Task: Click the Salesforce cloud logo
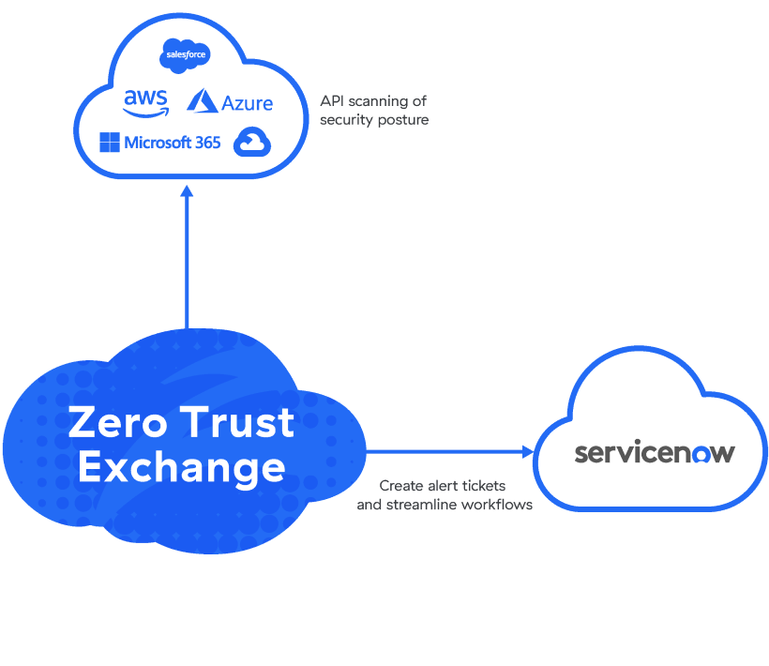185,55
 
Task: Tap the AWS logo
145,101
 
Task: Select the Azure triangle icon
202,101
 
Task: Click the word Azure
247,103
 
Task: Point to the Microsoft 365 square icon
110,143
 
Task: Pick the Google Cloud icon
251,142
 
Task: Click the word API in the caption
332,101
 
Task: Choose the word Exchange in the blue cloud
181,466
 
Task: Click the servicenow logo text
655,452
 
